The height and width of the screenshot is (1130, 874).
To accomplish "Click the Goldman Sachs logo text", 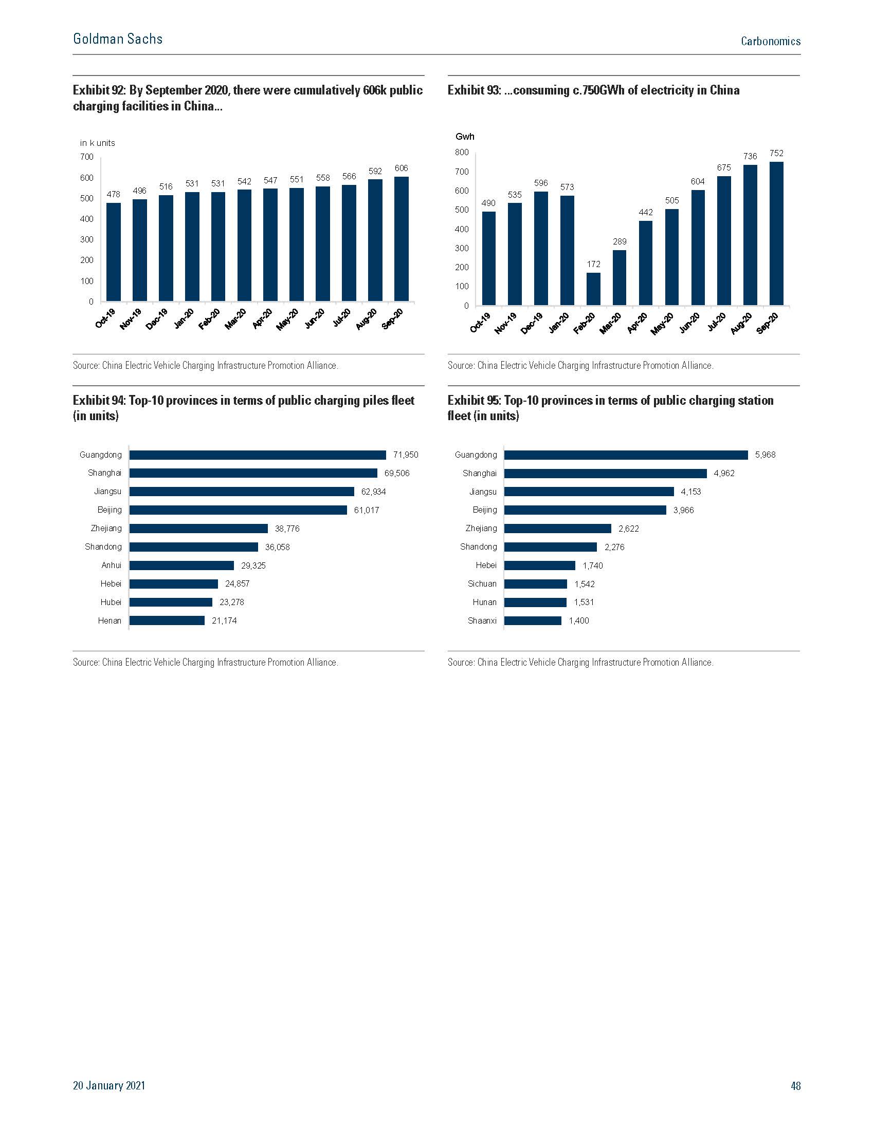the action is (x=118, y=40).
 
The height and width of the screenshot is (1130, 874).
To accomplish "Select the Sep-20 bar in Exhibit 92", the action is (x=402, y=238).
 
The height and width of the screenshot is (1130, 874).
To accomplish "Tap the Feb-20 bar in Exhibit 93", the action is (x=593, y=289).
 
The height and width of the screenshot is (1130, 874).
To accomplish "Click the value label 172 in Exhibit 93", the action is (x=593, y=264).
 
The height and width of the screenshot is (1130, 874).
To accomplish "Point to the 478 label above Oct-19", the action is (x=114, y=194).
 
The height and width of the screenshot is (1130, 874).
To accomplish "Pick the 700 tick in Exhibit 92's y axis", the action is (x=87, y=157).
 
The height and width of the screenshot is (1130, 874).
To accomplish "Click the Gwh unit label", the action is (x=464, y=137).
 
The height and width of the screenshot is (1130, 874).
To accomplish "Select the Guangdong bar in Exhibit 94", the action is (x=258, y=455).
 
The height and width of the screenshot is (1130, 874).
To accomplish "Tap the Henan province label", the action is (x=110, y=620).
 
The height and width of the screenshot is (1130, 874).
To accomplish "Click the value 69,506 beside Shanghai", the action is (x=396, y=473).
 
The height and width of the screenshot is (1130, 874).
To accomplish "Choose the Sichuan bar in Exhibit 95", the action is (x=535, y=583).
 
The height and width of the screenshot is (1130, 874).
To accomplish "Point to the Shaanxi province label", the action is (x=482, y=620).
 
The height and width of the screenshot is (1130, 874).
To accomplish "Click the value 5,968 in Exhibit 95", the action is (x=766, y=455).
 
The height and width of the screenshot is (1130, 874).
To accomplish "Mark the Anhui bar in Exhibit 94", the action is (x=181, y=566).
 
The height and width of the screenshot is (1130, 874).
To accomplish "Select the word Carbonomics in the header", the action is (x=771, y=41).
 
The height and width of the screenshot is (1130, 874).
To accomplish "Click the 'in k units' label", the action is (x=97, y=143).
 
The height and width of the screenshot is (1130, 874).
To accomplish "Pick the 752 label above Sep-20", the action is (x=776, y=153).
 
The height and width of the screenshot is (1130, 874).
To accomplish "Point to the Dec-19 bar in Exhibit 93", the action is (x=541, y=249).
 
